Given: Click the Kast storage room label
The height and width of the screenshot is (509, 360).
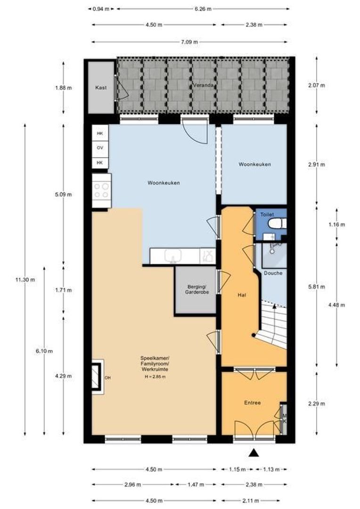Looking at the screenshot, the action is tap(101, 88).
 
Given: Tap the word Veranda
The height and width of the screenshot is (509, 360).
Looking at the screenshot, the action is tap(203, 85).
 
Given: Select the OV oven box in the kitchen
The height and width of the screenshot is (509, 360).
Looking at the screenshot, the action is tap(100, 148).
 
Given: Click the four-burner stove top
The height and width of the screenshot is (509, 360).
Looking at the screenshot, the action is tap(101, 190).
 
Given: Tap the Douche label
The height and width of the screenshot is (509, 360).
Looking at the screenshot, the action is tap(273, 273).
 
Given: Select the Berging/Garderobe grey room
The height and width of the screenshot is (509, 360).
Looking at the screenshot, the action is tap(196, 290).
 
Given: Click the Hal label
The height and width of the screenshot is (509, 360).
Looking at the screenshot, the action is tap(242, 295).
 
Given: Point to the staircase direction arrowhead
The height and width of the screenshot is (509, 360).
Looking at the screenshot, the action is tap(275, 306).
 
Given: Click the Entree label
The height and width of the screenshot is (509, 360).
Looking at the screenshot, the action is tap(252, 403).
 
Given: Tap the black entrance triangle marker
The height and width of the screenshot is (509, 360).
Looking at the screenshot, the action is tap(254, 453).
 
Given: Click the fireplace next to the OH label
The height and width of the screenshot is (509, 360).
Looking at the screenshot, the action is tap(97, 377).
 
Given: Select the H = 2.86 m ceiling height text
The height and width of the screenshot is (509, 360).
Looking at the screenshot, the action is tap(155, 377).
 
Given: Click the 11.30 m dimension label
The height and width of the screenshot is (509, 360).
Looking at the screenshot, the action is tap(25, 280).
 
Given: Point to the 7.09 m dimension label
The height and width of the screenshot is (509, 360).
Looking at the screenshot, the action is tap(189, 42).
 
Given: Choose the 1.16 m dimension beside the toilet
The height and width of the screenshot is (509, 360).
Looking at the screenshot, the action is tap(336, 224).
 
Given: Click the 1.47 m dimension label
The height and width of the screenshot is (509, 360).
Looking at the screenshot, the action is tap(196, 484).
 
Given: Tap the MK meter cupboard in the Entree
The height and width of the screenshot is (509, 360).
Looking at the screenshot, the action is tap(284, 419).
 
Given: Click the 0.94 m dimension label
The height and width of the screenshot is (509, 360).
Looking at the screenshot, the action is tap(101, 9).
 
